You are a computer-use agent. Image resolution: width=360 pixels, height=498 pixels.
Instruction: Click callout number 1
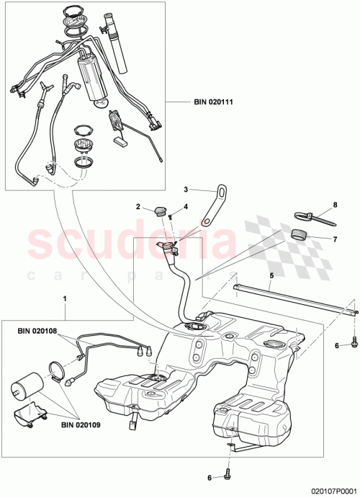66,297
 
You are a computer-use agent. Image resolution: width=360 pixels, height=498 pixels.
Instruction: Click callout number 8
334,205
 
